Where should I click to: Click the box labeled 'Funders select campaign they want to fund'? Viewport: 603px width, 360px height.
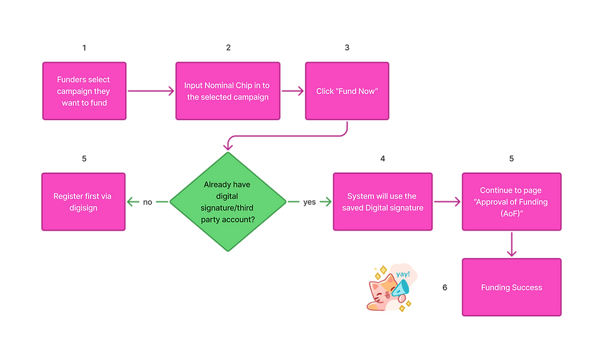pos(84,90)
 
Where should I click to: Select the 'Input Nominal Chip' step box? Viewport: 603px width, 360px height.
pos(227,90)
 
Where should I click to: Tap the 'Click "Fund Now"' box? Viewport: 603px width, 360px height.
pos(346,90)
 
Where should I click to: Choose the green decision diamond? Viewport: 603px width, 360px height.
pos(228,202)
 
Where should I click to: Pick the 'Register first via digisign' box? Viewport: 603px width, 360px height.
pos(84,202)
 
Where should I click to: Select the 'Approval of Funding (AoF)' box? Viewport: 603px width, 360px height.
pos(511,202)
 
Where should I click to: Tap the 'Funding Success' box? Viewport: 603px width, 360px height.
pos(511,287)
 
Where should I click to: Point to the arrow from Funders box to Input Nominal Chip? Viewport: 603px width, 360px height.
pos(151,91)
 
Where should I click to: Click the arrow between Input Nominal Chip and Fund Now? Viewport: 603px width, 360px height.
pos(294,91)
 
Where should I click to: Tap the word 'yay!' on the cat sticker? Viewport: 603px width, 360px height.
pos(402,274)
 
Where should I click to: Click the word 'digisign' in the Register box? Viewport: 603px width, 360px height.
pos(84,208)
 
